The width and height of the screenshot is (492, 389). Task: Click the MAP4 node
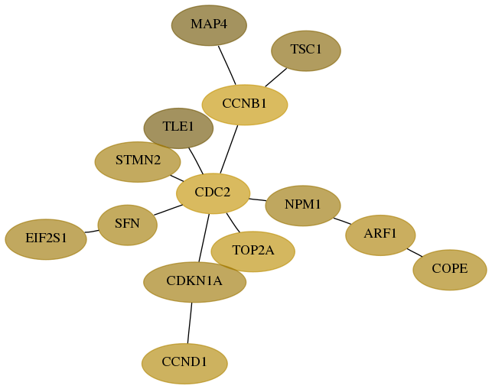click(209, 25)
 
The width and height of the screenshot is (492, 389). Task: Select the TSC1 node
click(306, 50)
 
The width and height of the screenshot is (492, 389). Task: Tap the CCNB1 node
click(245, 105)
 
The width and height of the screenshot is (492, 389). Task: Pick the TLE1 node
click(178, 128)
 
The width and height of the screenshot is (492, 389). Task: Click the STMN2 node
click(138, 162)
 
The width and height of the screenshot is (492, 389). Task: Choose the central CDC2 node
click(213, 193)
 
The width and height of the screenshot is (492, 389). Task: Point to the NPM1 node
click(303, 206)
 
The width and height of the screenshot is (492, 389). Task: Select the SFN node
click(127, 225)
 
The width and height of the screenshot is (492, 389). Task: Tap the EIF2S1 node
click(46, 239)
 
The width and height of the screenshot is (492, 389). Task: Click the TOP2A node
click(253, 251)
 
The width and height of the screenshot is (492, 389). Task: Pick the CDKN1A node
click(195, 282)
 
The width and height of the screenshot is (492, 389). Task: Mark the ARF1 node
click(380, 235)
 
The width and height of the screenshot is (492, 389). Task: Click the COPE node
click(450, 270)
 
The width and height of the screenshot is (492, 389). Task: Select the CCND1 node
click(184, 364)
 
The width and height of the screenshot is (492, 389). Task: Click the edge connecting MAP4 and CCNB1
click(227, 65)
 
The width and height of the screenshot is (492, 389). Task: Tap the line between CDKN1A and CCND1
click(190, 323)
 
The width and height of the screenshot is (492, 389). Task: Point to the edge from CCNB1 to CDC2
click(229, 149)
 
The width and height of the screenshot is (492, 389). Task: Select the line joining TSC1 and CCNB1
click(276, 77)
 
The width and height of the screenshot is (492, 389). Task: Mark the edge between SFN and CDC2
click(168, 210)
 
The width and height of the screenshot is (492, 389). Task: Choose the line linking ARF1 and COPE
click(415, 253)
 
